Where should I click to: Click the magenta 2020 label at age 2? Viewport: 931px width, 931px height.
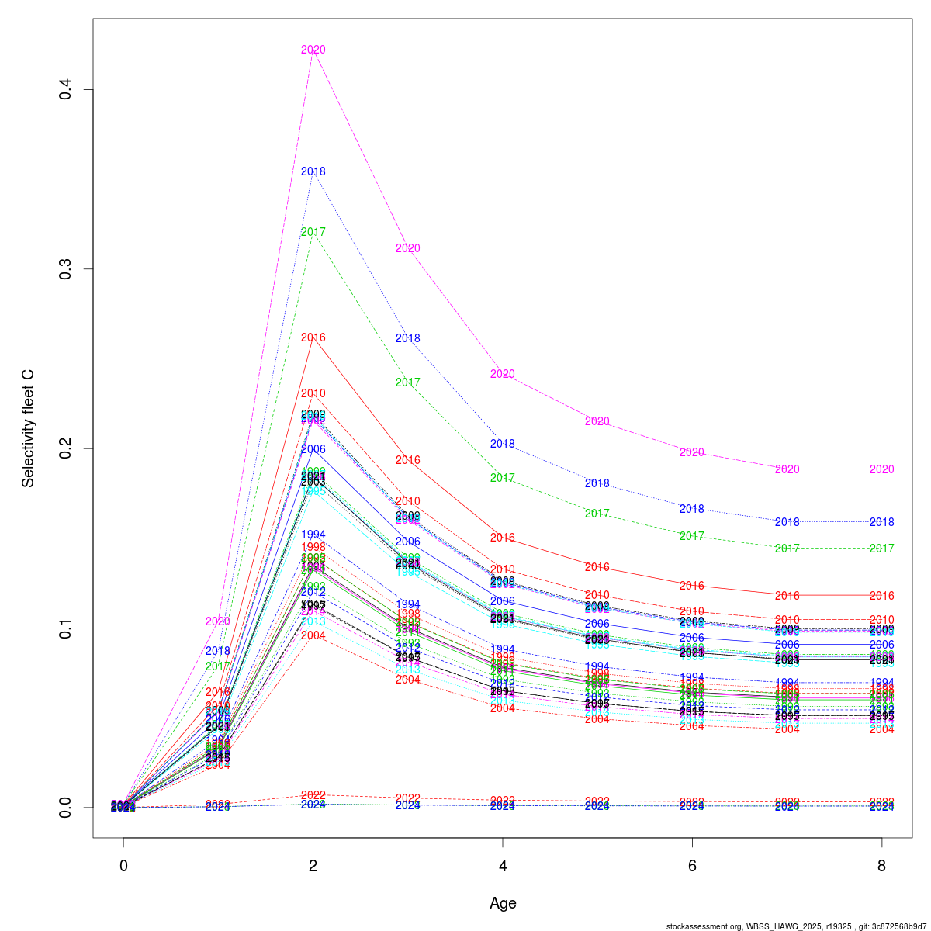click(313, 50)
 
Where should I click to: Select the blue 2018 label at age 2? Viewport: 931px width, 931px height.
click(313, 171)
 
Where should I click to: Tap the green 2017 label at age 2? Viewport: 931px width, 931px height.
click(313, 232)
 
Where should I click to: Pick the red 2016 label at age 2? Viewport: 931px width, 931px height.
click(313, 337)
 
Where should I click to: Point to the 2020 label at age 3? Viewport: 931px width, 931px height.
click(408, 248)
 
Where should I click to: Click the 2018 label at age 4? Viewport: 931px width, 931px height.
click(503, 444)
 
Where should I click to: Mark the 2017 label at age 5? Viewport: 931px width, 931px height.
click(597, 514)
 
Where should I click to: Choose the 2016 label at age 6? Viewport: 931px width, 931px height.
click(692, 586)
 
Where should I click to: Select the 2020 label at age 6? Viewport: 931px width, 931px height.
click(692, 452)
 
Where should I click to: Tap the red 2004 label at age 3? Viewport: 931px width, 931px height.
click(408, 680)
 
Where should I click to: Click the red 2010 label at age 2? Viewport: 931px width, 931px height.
click(313, 393)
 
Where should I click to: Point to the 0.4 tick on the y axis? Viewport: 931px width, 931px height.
click(67, 90)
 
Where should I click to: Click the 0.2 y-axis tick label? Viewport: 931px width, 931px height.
click(67, 448)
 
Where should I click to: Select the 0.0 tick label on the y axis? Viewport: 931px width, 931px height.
click(67, 807)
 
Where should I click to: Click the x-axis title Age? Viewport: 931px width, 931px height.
click(503, 903)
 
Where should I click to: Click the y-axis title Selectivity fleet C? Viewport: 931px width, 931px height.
click(29, 428)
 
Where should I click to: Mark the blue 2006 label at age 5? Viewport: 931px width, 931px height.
click(597, 624)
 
